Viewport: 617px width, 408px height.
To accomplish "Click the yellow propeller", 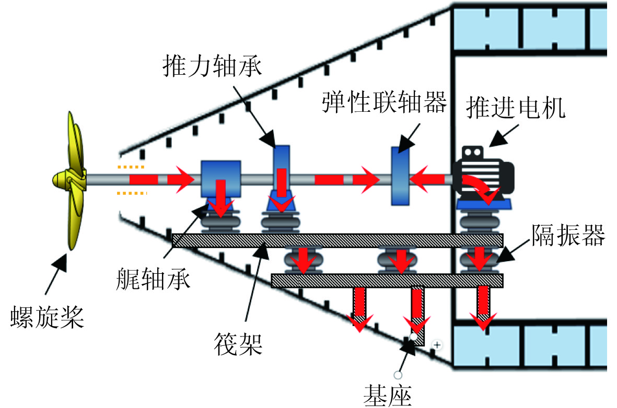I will (71, 180).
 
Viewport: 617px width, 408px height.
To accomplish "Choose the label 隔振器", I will (568, 236).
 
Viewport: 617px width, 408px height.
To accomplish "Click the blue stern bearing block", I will (221, 178).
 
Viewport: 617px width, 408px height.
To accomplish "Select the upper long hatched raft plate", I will (337, 240).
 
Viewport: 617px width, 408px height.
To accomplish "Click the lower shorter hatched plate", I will (387, 281).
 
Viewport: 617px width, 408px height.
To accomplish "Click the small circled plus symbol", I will (438, 345).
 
